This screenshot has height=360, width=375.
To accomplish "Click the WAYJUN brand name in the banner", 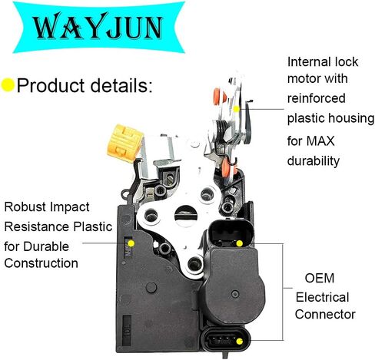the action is tap(98, 26).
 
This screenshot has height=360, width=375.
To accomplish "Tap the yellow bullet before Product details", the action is tap(8, 85).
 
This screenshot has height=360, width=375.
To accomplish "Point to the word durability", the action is tap(314, 161).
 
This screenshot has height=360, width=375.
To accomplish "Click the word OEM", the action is tap(320, 278).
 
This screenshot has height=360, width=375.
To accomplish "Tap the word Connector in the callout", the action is tap(325, 314).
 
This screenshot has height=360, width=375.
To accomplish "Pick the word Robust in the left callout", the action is tap(25, 206).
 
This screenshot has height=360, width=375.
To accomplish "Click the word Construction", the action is tap(41, 263).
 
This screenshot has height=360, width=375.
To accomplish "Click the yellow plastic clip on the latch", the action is tap(125, 144).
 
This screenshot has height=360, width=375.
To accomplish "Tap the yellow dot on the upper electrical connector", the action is tap(239, 243).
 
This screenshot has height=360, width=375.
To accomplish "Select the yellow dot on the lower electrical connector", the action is tap(240, 341).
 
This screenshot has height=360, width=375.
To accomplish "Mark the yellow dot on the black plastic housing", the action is tap(131, 243).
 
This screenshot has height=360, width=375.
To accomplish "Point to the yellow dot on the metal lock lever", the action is tap(237, 109).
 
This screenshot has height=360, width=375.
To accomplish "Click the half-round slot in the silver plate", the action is tap(186, 215).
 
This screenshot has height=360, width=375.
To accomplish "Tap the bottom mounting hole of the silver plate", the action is tap(194, 264).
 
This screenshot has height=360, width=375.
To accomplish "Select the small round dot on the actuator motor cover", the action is tap(235, 294).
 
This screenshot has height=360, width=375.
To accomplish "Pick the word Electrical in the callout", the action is tap(323, 297).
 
